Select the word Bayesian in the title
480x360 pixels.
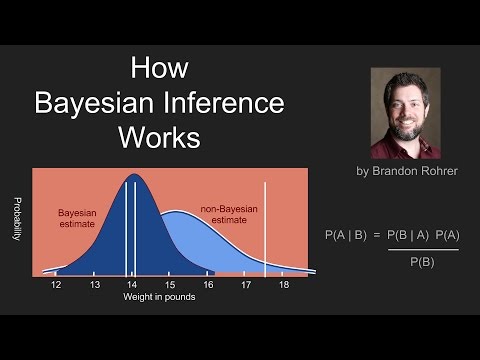coord(100,103)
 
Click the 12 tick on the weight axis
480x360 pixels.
coord(56,285)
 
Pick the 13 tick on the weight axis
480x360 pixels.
coord(94,285)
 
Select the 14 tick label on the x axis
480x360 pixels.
coord(132,285)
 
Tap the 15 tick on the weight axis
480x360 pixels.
coord(170,285)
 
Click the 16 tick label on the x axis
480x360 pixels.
coord(208,285)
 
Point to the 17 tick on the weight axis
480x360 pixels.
coord(246,285)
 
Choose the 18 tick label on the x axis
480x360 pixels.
coord(284,285)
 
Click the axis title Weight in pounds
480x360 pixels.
coord(159,298)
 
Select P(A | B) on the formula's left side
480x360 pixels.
coord(347,235)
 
